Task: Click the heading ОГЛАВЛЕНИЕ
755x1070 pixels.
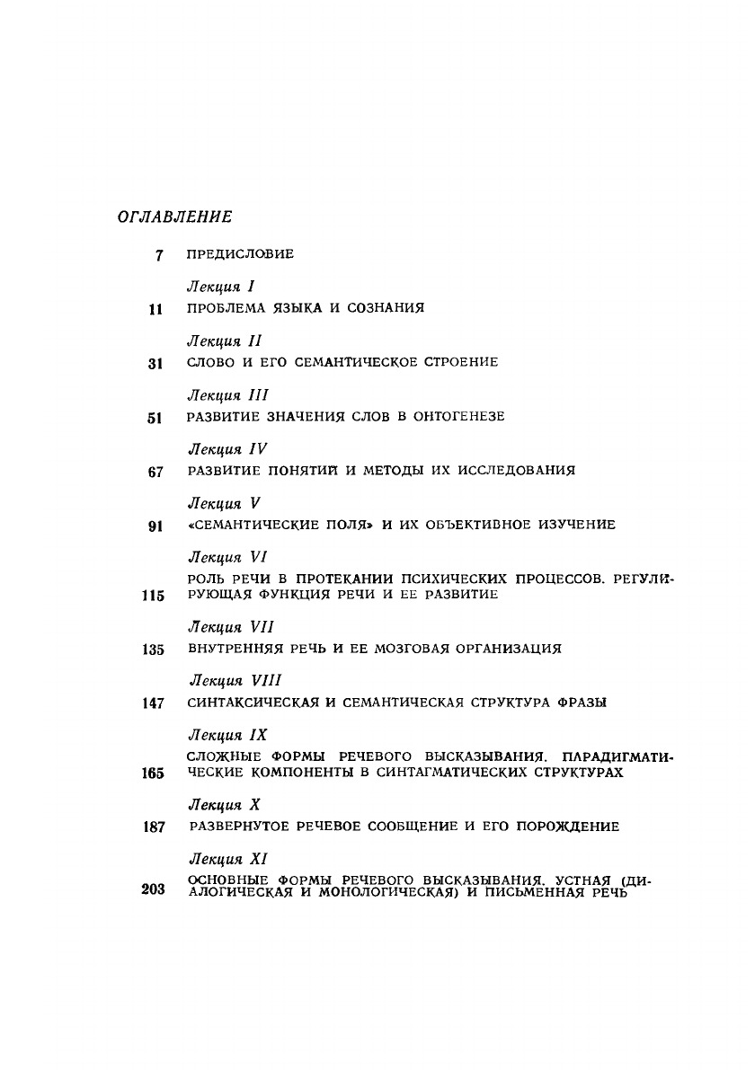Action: tap(174, 217)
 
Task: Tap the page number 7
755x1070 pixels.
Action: tap(158, 255)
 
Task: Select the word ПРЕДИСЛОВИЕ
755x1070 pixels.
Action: tap(240, 254)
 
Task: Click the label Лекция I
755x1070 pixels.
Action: tap(222, 287)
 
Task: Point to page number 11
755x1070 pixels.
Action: tap(155, 309)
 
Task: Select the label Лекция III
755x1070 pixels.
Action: tap(227, 395)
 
